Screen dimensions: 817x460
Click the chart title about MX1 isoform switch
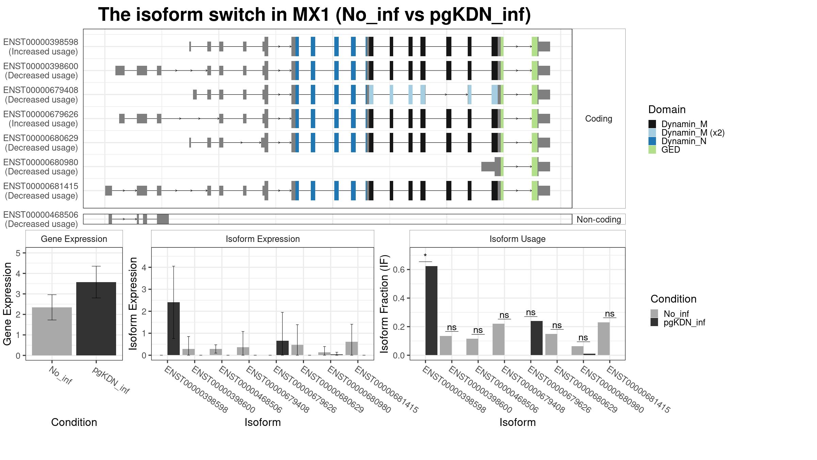[315, 15]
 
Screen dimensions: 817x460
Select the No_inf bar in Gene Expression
[52, 331]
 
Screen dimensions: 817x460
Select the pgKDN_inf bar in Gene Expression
[96, 319]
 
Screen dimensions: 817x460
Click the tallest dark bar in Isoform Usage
[431, 311]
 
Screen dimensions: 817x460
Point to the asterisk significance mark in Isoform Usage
[425, 256]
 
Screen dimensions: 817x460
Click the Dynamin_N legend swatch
[652, 141]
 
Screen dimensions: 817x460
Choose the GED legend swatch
[652, 150]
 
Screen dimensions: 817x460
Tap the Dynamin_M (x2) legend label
[693, 133]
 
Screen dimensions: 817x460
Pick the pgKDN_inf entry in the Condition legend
[684, 322]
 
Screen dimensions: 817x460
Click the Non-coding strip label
[599, 219]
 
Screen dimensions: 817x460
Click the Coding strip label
[598, 119]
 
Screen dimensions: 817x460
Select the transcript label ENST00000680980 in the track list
[41, 162]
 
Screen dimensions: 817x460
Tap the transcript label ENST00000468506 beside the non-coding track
[41, 215]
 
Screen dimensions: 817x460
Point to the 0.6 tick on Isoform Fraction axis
[399, 270]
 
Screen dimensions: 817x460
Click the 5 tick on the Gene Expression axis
[18, 253]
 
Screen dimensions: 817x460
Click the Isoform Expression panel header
[263, 239]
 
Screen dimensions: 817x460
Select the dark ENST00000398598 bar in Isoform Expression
[174, 329]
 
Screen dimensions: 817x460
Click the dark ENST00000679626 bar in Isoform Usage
[537, 338]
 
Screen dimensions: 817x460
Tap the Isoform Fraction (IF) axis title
[385, 303]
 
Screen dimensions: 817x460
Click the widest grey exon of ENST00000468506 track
[163, 219]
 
